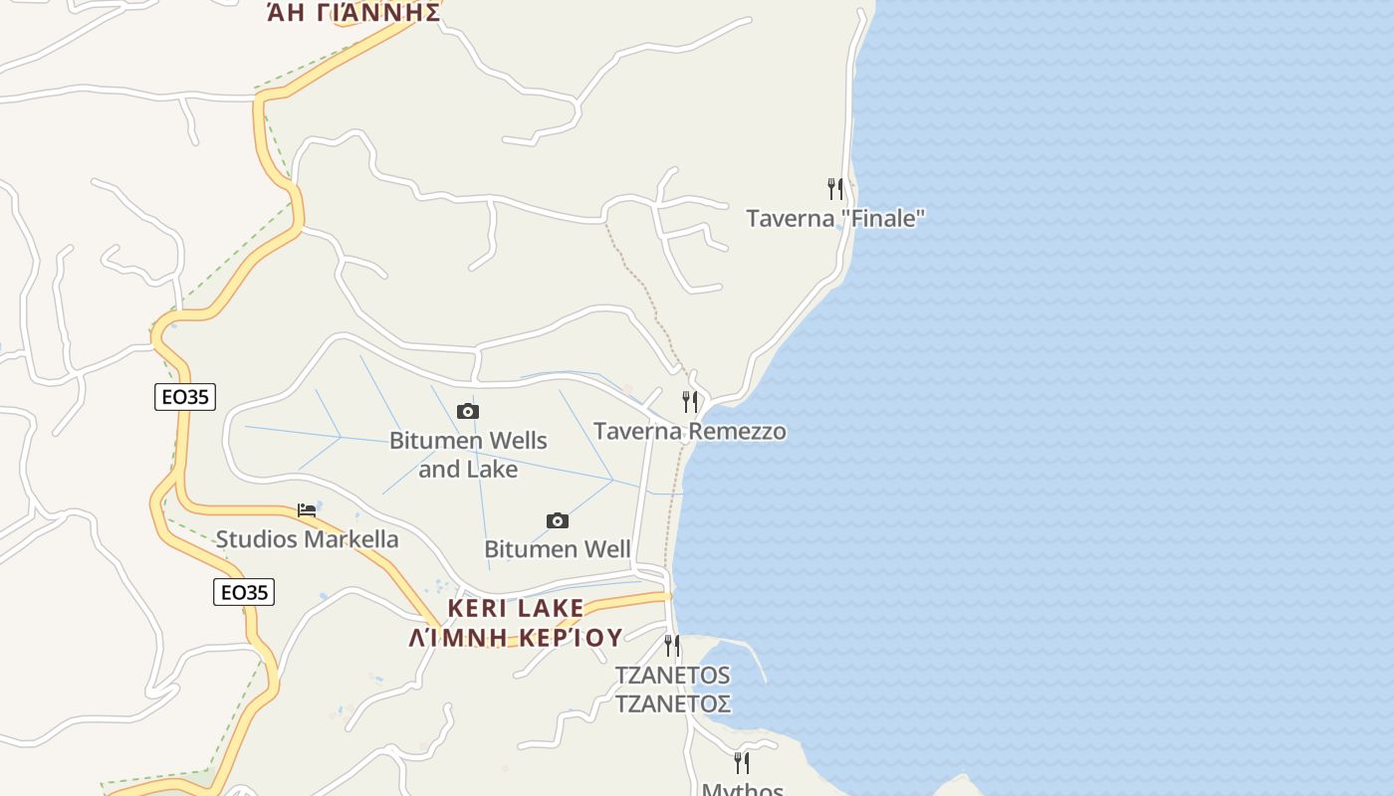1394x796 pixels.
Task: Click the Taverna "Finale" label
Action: [835, 218]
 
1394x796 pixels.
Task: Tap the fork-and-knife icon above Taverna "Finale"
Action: [835, 187]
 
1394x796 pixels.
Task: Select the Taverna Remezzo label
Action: [689, 431]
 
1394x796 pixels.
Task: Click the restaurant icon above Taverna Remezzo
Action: [689, 401]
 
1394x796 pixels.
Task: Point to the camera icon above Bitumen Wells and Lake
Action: [468, 411]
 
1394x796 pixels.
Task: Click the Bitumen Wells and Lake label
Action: [468, 454]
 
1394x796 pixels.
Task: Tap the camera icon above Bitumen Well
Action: [558, 520]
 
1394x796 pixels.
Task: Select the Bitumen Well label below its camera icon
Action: [558, 549]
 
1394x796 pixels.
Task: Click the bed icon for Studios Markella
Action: [307, 510]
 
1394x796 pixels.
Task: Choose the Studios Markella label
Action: [307, 539]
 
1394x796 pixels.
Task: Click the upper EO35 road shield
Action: [185, 397]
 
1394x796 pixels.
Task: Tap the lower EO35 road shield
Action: [244, 592]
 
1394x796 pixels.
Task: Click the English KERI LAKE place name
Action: [516, 608]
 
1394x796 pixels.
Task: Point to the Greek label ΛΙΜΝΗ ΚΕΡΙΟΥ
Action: [516, 638]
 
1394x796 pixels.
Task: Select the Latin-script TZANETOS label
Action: [672, 675]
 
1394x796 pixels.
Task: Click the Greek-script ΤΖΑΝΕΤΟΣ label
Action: [672, 703]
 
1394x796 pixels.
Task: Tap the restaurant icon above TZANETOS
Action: [672, 645]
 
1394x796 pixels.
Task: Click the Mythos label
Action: [743, 789]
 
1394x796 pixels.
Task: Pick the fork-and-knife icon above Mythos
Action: [742, 762]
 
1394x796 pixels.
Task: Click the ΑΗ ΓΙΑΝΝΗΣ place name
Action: [353, 13]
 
